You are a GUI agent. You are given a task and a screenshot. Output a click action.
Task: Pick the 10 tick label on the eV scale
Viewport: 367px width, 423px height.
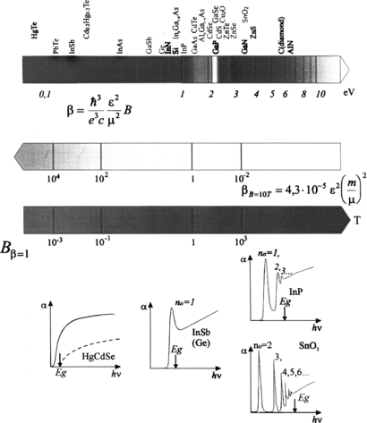point(319,93)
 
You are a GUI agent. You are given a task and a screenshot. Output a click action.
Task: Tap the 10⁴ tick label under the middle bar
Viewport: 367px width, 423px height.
point(53,175)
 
